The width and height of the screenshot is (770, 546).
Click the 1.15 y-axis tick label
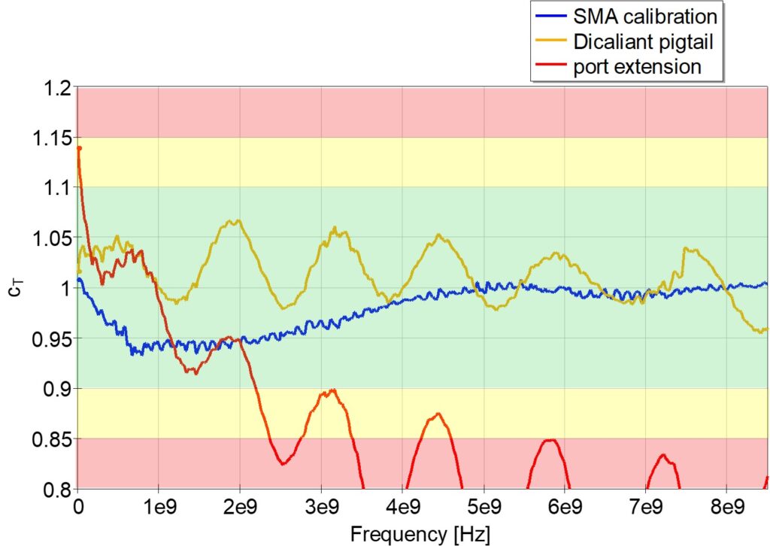[53, 138]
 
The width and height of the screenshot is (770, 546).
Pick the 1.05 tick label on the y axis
[53, 238]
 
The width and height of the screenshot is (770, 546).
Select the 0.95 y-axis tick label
[53, 338]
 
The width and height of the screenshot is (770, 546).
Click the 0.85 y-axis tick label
[53, 439]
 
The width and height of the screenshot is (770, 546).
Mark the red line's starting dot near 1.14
[79, 148]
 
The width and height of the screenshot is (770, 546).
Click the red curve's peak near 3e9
[330, 390]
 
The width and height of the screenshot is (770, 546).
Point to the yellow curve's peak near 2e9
[238, 220]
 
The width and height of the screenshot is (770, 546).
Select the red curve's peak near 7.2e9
[662, 455]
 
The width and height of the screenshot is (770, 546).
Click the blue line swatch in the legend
[551, 14]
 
